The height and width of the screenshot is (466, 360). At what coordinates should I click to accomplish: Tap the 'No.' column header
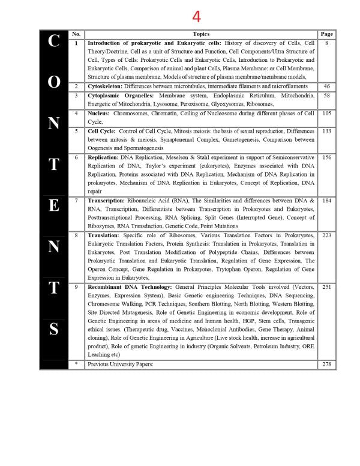coord(76,34)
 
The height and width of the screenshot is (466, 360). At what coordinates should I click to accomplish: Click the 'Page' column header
coord(326,34)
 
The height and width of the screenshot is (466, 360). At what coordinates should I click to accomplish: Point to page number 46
coord(326,86)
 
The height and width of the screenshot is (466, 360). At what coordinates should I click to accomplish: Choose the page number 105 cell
coord(326,113)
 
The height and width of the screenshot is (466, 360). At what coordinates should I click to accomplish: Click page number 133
coord(326,131)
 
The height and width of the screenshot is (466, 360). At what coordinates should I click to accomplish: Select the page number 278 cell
coord(326,364)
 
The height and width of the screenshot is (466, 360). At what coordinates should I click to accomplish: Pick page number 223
coord(326,235)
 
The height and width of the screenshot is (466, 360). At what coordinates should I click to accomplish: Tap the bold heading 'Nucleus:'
coord(100,113)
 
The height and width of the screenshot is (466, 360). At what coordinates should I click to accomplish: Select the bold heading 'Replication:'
coord(103,157)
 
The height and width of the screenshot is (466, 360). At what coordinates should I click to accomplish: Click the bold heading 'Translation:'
coord(103,235)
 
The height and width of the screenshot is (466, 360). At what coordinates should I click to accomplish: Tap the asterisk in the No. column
coord(76,364)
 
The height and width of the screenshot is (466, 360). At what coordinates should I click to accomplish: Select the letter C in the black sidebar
coord(53,41)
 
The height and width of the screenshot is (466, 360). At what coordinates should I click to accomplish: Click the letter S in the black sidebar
coord(53,329)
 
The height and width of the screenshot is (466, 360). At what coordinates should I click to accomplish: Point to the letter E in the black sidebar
coord(53,206)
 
